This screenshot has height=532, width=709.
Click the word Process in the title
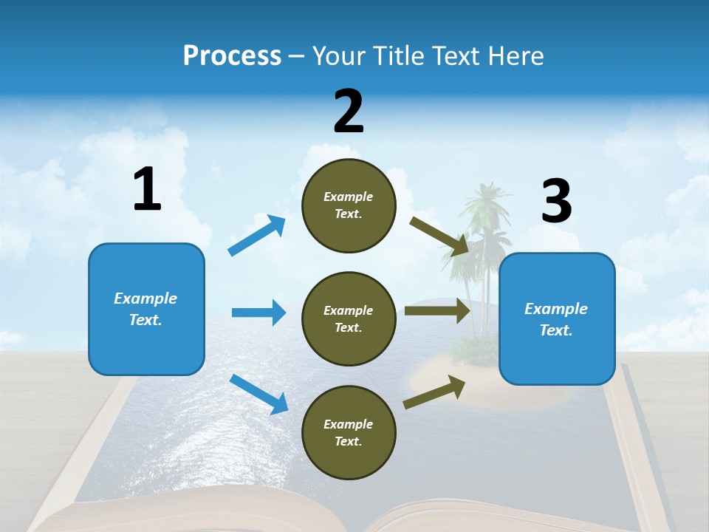point(232,55)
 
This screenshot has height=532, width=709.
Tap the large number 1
point(147,190)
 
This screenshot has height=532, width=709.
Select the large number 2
point(349,112)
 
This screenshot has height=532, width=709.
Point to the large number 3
point(556,202)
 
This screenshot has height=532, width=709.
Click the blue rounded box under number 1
point(146,309)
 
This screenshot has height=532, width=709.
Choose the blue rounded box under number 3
point(557,318)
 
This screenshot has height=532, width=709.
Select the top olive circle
point(349,205)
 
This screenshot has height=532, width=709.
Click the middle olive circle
point(349,318)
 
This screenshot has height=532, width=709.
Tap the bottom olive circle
point(349,432)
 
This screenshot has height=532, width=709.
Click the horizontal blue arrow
point(258,313)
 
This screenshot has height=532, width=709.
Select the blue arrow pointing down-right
point(259,394)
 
